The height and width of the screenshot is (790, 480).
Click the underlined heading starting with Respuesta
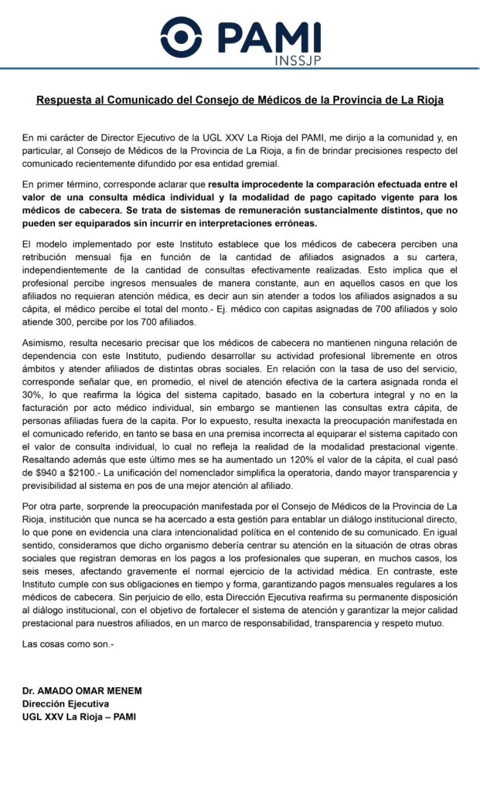240,100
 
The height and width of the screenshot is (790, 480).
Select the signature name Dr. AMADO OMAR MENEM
82,690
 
